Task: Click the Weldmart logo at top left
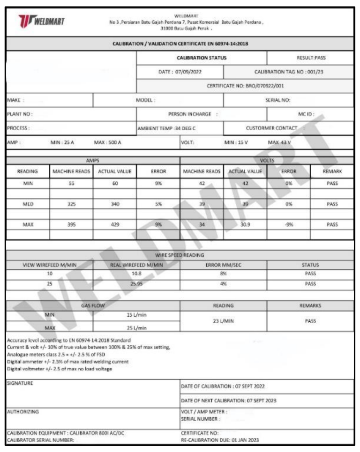pyautogui.click(x=41, y=22)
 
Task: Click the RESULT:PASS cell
pyautogui.click(x=311, y=58)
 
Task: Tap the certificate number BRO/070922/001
pyautogui.click(x=245, y=86)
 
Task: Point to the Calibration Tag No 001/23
pyautogui.click(x=288, y=72)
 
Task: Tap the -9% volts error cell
pyautogui.click(x=289, y=224)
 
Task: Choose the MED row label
pyautogui.click(x=28, y=204)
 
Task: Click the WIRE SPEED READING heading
pyautogui.click(x=180, y=256)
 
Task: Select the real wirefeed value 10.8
pyautogui.click(x=136, y=273)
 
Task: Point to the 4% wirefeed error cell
pyautogui.click(x=224, y=283)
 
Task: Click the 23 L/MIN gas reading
pyautogui.click(x=223, y=321)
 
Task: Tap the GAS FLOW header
pyautogui.click(x=92, y=305)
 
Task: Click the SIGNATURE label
pyautogui.click(x=20, y=383)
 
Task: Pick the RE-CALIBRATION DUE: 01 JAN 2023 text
pyautogui.click(x=219, y=440)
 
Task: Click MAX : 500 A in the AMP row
pyautogui.click(x=107, y=142)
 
